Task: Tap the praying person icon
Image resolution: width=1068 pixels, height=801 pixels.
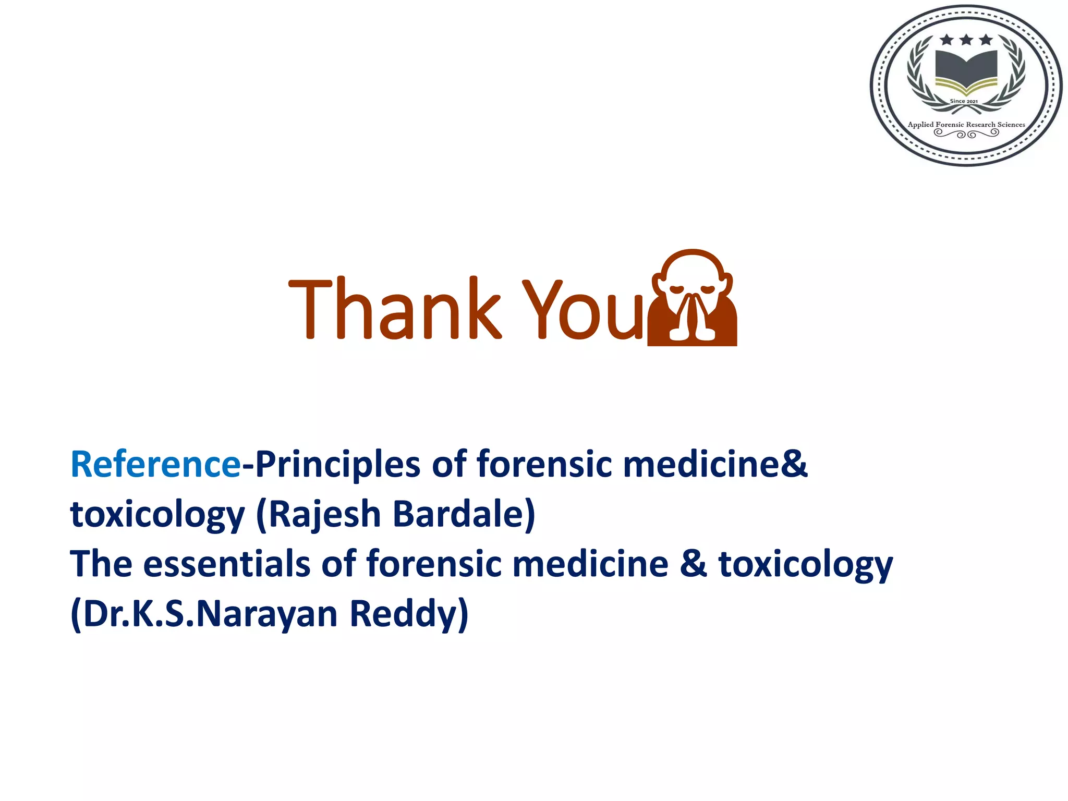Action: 692,298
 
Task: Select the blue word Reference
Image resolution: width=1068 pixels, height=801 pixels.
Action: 155,464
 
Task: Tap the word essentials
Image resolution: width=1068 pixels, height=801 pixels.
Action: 226,564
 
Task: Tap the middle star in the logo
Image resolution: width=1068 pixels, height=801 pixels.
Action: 966,40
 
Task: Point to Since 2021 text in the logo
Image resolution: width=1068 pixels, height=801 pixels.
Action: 964,101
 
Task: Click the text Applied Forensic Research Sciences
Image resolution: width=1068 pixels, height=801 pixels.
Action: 966,124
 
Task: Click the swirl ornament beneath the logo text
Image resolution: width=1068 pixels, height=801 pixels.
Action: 966,134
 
